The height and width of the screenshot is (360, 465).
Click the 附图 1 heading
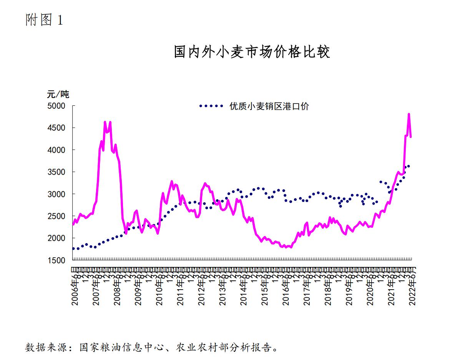coord(44,20)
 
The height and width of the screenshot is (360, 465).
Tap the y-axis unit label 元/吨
coord(58,94)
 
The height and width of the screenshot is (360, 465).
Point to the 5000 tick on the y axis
coord(56,106)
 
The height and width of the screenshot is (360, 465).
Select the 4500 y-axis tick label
coord(56,128)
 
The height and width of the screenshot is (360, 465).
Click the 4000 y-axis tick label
coord(56,150)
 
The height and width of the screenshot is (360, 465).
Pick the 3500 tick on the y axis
coord(56,172)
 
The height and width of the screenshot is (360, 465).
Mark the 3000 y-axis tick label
coord(56,194)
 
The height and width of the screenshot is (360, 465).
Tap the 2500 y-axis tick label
coord(56,216)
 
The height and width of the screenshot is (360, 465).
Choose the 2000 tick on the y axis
coord(56,238)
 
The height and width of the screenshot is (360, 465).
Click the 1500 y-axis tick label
coord(56,260)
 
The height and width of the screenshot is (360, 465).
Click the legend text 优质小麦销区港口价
coord(269,107)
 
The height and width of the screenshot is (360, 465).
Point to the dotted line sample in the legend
coord(211,106)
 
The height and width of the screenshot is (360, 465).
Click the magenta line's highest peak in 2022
coord(409,114)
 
